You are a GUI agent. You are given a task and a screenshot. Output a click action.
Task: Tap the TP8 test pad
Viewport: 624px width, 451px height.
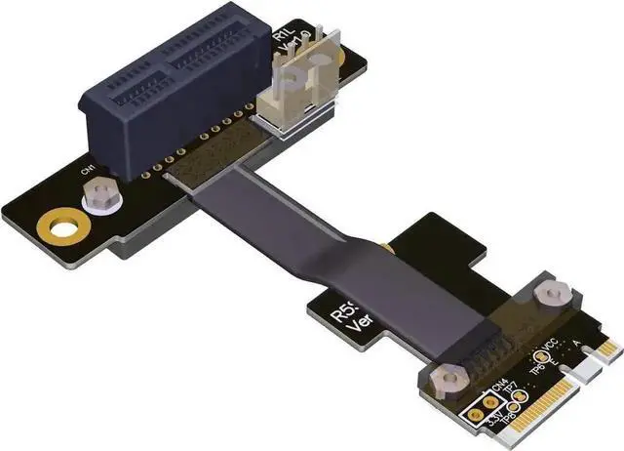click(x=501, y=415)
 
